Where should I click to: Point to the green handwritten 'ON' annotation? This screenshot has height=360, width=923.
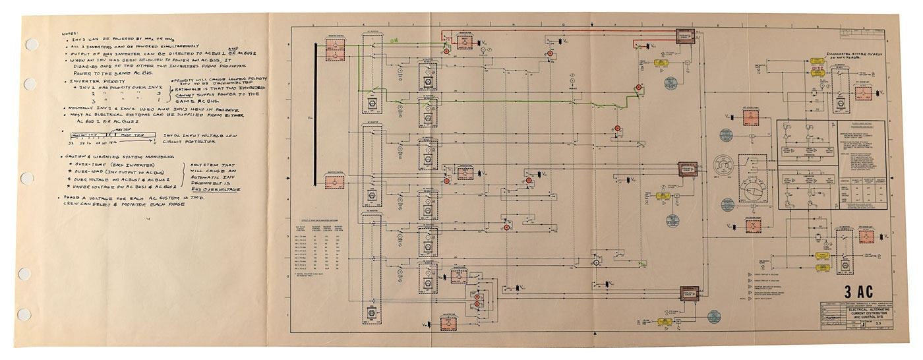[394, 40]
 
